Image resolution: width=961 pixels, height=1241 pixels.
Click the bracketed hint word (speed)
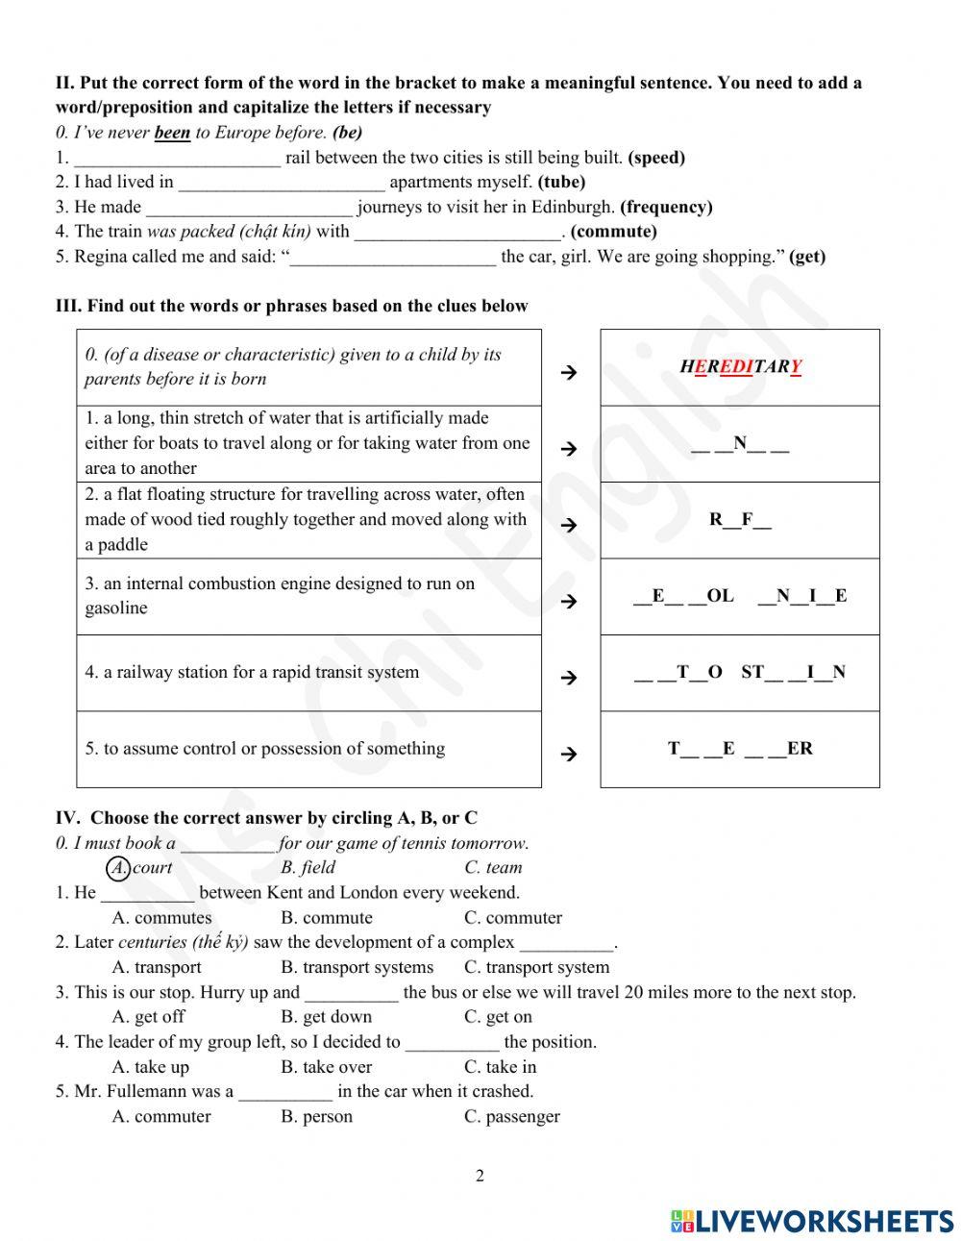656,158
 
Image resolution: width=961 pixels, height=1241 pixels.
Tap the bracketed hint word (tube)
561,182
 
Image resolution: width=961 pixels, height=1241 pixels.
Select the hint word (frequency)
666,207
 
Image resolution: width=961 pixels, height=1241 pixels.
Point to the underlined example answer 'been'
172,133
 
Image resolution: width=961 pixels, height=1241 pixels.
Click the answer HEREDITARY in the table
740,367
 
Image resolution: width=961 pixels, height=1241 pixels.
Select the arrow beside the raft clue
569,525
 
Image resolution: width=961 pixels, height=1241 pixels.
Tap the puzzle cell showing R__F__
740,520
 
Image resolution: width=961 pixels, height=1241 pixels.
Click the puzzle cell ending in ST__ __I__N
740,673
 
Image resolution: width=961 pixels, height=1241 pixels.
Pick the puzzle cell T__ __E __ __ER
740,749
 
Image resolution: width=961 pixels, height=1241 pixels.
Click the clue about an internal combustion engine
280,596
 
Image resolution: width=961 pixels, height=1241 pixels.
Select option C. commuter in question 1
513,918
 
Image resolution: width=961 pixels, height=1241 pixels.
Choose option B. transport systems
357,968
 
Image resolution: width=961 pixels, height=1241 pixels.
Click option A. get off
148,1017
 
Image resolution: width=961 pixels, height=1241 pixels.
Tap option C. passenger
511,1117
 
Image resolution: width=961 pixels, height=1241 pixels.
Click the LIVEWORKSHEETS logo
812,1221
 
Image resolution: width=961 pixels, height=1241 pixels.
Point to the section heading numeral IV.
67,818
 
